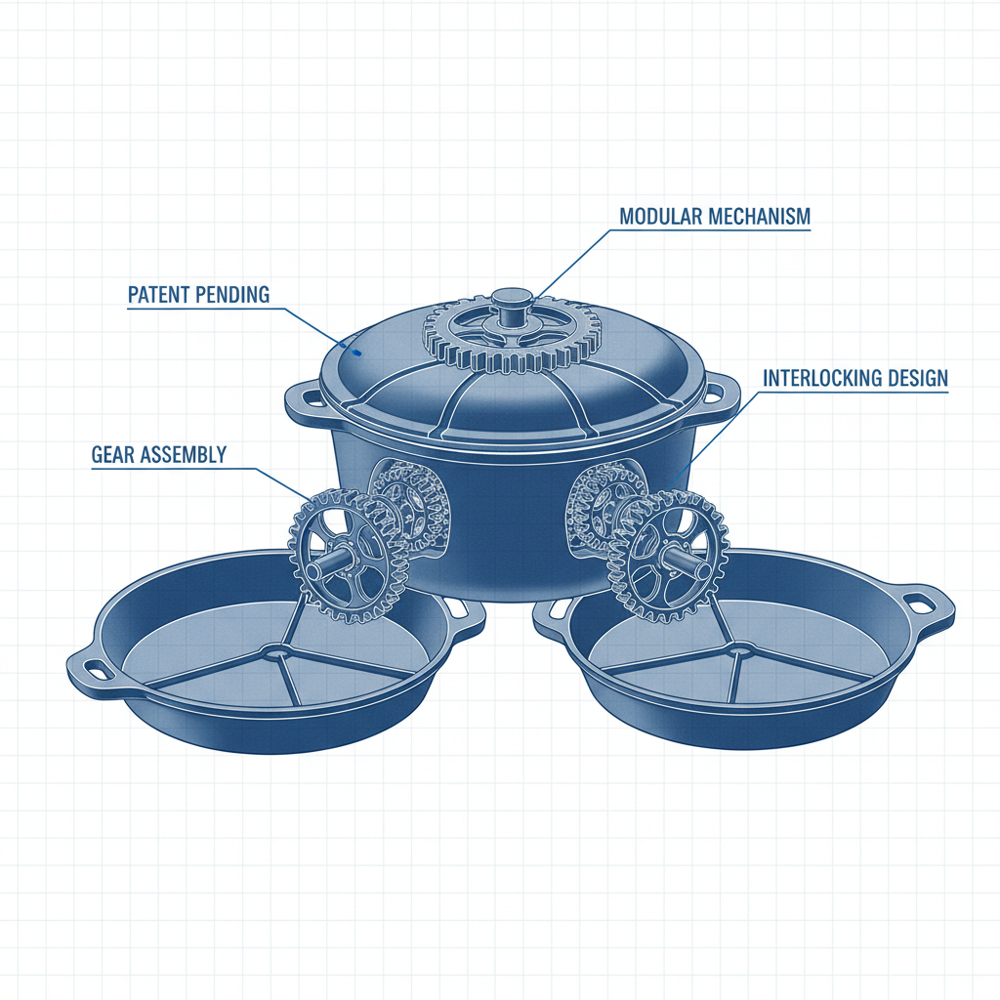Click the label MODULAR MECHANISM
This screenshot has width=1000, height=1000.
[715, 217]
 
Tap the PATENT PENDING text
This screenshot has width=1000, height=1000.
[198, 295]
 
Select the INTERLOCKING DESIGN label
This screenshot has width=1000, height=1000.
[854, 378]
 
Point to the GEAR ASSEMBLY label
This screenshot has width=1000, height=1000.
[158, 455]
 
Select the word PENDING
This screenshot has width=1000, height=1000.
[230, 295]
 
